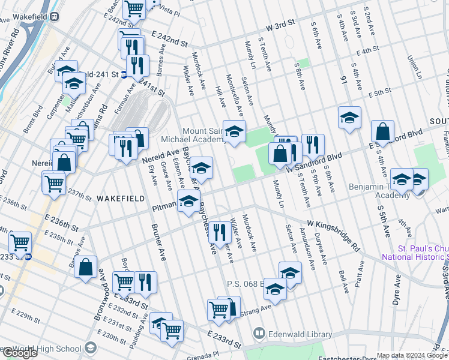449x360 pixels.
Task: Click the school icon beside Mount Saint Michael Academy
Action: [x=234, y=131]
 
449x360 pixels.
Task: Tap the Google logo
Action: [x=20, y=353]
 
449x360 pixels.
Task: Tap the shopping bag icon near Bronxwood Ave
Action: [x=86, y=268]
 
